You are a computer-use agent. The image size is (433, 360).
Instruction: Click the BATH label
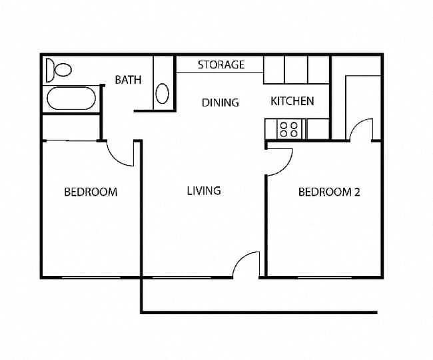click(129, 80)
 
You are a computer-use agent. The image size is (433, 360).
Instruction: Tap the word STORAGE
click(221, 65)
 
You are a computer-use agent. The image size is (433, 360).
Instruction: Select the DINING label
click(220, 102)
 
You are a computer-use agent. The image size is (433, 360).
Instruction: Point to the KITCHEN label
click(292, 101)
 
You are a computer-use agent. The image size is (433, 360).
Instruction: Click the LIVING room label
click(203, 191)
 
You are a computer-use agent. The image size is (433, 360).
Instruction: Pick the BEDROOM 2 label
click(329, 192)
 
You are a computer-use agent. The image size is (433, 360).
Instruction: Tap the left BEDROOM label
click(91, 192)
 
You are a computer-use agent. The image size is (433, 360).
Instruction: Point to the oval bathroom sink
click(163, 92)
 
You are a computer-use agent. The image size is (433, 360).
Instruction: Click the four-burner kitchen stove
click(289, 128)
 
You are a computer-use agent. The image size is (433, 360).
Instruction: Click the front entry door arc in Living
click(247, 264)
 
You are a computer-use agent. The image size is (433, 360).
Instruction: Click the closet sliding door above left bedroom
click(70, 140)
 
